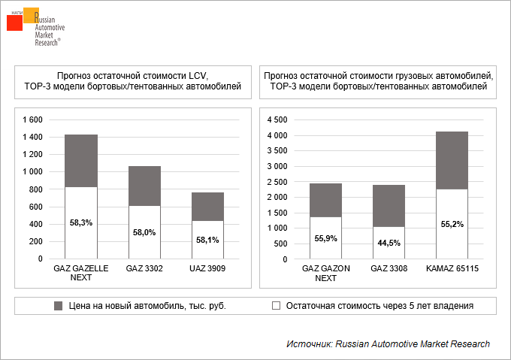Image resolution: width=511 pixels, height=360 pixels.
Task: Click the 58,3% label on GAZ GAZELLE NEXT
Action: tap(81, 222)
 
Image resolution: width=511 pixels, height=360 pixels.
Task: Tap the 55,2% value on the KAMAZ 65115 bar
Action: tap(452, 224)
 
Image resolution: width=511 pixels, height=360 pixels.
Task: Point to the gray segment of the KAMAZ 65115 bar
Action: tap(452, 160)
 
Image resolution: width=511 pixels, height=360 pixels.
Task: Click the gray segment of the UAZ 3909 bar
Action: tap(207, 206)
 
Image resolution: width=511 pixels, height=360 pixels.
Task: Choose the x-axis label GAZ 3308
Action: tap(389, 268)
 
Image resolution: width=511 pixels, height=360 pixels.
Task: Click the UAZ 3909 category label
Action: tap(207, 268)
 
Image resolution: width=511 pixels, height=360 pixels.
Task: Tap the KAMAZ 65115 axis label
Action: tap(452, 268)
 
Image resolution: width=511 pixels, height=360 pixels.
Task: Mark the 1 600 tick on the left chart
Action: tap(33, 120)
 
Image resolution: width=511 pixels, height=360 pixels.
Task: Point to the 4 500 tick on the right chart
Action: tap(278, 120)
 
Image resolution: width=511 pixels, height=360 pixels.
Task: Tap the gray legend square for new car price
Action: tap(58, 306)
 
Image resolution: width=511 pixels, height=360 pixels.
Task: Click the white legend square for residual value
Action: tap(276, 306)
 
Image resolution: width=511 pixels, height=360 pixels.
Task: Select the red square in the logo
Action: tap(14, 23)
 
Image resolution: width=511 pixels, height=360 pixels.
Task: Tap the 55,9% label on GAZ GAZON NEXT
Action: tap(325, 238)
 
